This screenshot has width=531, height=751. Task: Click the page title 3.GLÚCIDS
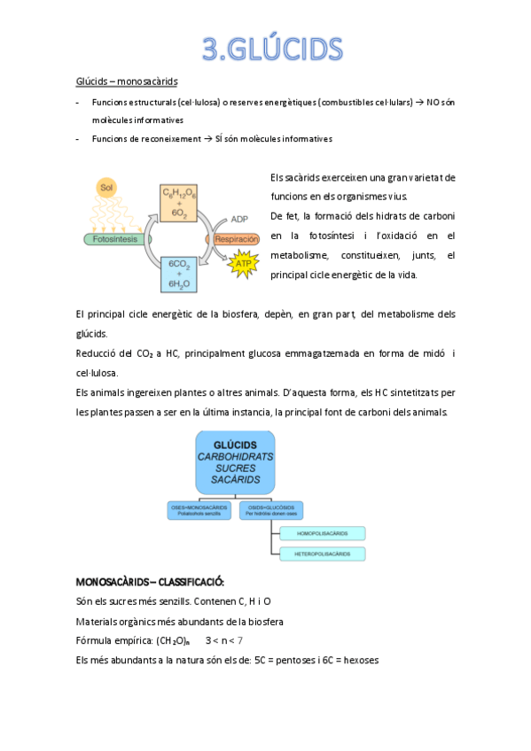click(x=271, y=47)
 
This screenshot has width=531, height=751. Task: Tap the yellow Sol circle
click(x=107, y=188)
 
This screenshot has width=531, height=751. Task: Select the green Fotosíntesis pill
click(x=113, y=239)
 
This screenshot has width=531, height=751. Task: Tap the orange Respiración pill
click(x=234, y=239)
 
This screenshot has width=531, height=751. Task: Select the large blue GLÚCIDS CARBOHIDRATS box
click(x=235, y=462)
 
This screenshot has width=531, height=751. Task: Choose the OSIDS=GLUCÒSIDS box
click(x=271, y=509)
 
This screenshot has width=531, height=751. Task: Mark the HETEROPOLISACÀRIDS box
click(x=322, y=554)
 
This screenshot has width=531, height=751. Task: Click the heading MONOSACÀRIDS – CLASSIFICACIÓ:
click(x=151, y=582)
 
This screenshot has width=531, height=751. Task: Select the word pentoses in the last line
click(x=288, y=660)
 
